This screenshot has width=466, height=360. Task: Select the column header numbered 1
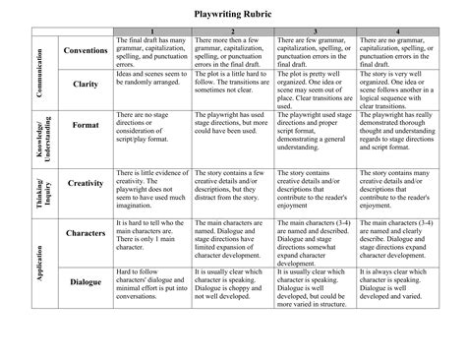click(x=152, y=30)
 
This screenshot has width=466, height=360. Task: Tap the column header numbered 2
click(x=234, y=30)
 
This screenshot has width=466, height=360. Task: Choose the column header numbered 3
click(x=315, y=30)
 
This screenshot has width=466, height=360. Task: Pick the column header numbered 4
click(x=396, y=30)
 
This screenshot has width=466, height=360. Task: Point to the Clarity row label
click(x=85, y=85)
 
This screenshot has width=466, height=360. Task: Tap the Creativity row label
click(x=85, y=182)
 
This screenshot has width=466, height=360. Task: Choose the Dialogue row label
click(x=85, y=282)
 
